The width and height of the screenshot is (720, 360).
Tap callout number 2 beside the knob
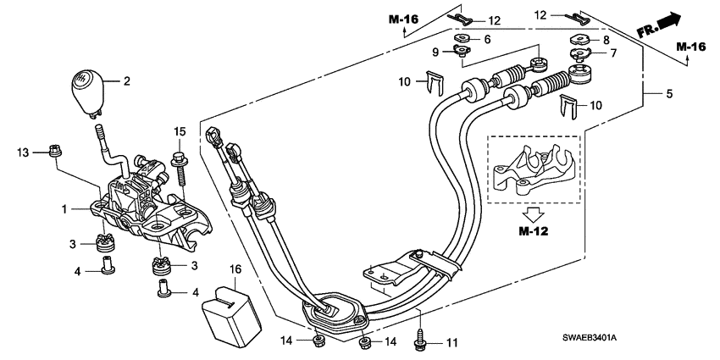click(126, 82)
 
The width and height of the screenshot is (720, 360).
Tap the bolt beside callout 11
click(420, 341)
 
